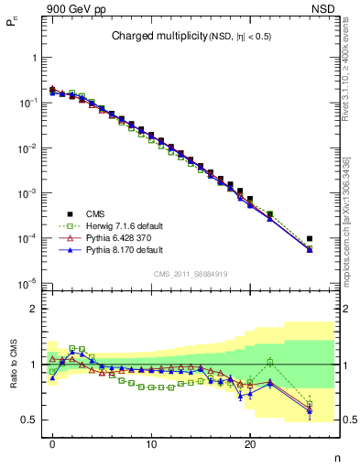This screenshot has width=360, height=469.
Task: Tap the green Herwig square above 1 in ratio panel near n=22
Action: [269, 362]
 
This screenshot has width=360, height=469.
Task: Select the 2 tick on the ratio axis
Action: [33, 309]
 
